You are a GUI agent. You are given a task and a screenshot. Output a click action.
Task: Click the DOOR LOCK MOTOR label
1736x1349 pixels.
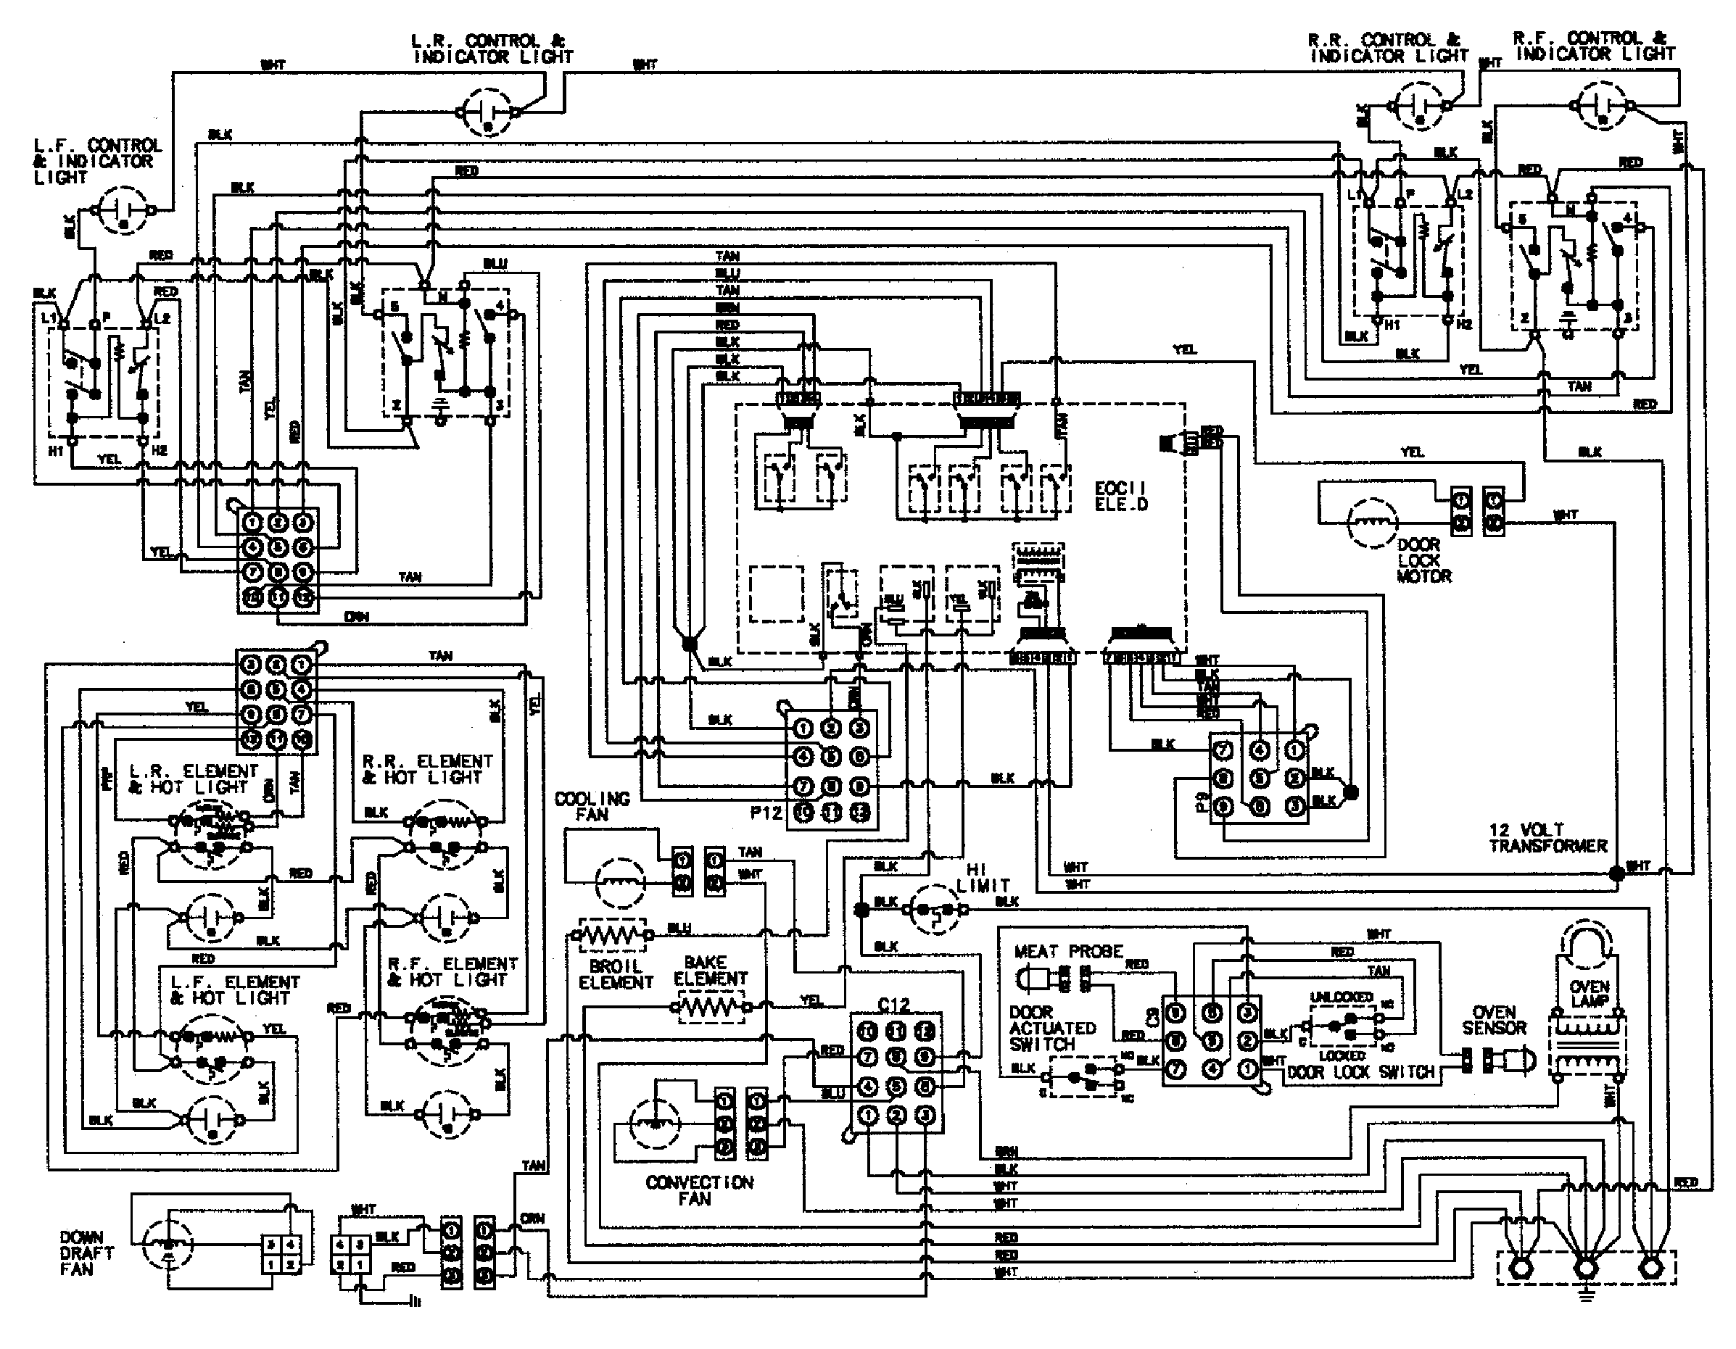click(1423, 560)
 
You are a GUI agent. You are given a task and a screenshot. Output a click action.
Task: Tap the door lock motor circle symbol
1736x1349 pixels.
click(1372, 523)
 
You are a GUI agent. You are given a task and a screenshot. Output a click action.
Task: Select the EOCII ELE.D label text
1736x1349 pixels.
click(1121, 496)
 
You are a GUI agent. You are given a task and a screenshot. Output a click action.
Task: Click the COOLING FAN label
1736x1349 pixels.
click(592, 806)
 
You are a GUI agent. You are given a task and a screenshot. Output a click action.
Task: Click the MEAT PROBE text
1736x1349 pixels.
click(1067, 951)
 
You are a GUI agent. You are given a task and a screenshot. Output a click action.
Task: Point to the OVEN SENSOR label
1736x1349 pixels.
click(1494, 1020)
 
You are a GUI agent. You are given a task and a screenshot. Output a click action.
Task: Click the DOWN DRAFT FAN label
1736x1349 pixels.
click(86, 1253)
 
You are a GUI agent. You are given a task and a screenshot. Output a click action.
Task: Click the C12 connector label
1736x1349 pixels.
click(893, 1004)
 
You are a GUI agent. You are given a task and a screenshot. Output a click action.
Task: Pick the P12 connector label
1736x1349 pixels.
click(766, 812)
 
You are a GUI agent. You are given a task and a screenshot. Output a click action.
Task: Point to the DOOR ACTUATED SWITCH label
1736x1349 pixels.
click(1051, 1028)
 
